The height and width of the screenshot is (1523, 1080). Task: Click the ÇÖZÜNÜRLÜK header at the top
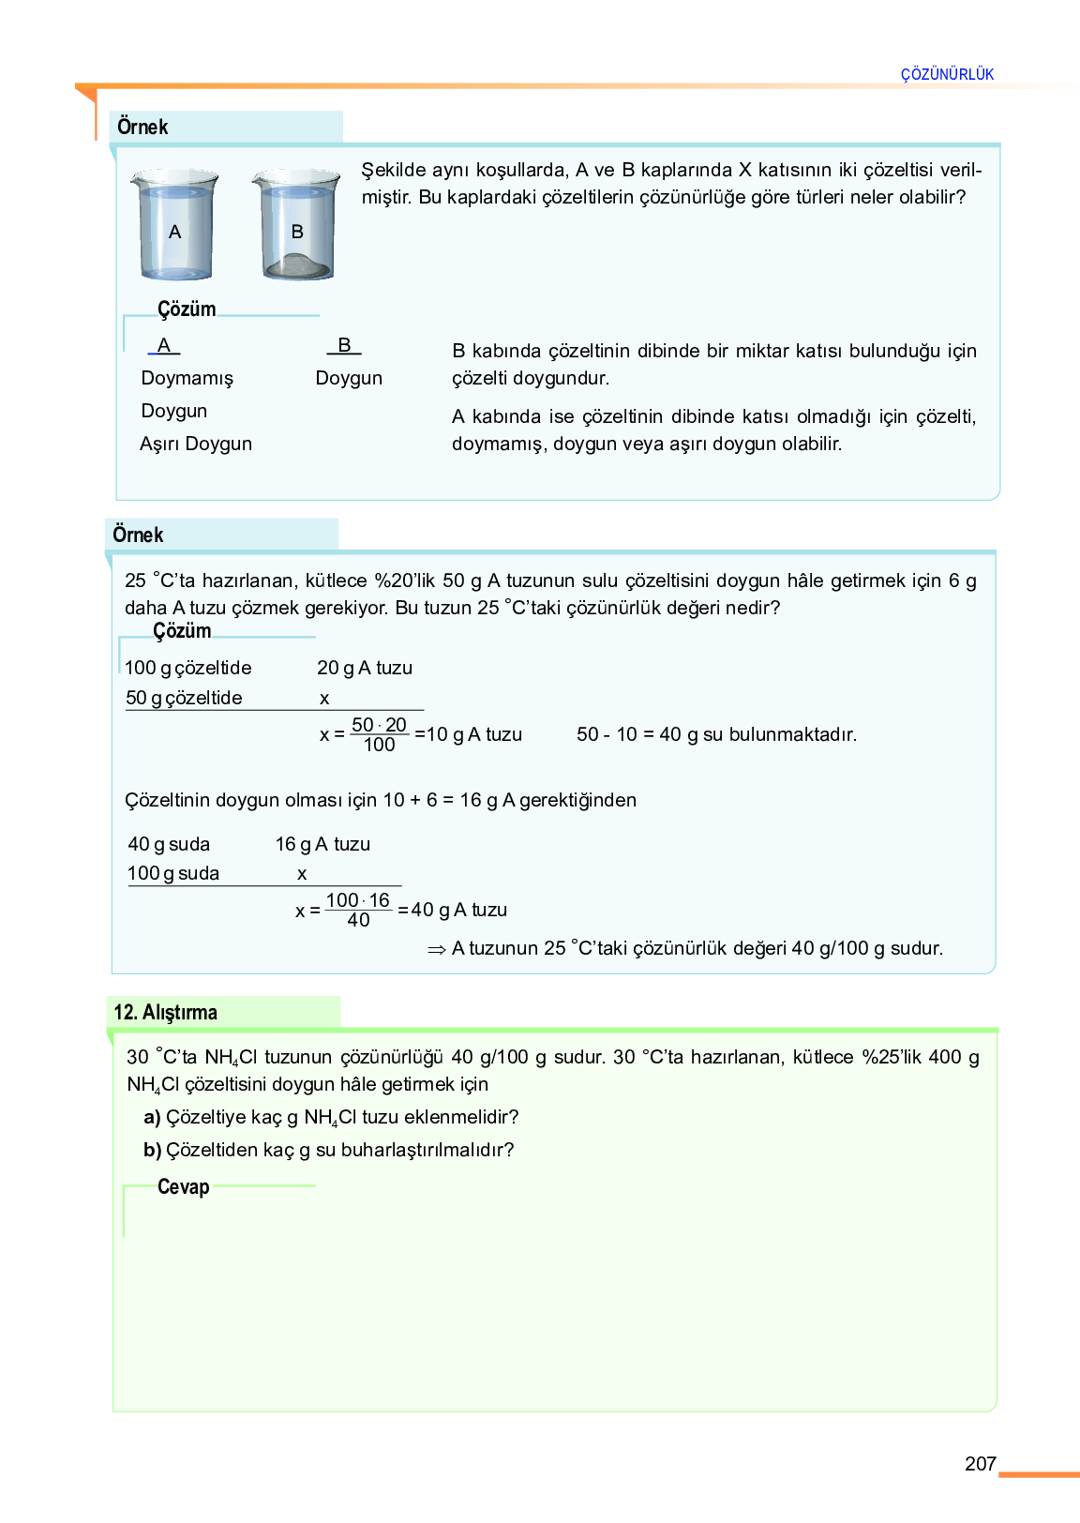tap(947, 74)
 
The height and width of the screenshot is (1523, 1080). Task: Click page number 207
tap(980, 1463)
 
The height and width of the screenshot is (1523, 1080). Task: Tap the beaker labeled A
tap(175, 226)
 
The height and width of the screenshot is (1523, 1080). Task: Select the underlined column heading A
tap(164, 345)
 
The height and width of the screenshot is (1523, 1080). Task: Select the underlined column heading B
tap(344, 345)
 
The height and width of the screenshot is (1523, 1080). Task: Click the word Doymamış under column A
tap(187, 378)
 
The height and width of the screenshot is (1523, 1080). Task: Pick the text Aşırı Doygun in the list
tap(196, 444)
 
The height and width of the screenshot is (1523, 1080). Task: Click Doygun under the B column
tap(349, 378)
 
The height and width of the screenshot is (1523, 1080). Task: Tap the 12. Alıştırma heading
tap(166, 1012)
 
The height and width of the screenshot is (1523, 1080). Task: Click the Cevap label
tap(183, 1186)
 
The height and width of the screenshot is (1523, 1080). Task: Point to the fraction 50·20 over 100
tap(379, 734)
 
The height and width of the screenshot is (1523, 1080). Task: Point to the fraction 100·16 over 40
tap(358, 910)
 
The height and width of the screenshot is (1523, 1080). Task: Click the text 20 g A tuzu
tap(365, 668)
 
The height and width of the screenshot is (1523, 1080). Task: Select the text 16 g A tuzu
tap(322, 844)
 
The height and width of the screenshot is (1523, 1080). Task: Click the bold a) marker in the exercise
tap(152, 1117)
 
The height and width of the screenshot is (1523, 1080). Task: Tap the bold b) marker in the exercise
tap(152, 1150)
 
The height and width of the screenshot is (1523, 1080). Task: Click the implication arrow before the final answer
tap(436, 949)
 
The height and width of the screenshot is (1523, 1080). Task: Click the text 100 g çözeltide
tap(188, 668)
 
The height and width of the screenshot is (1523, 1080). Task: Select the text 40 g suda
tap(169, 844)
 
